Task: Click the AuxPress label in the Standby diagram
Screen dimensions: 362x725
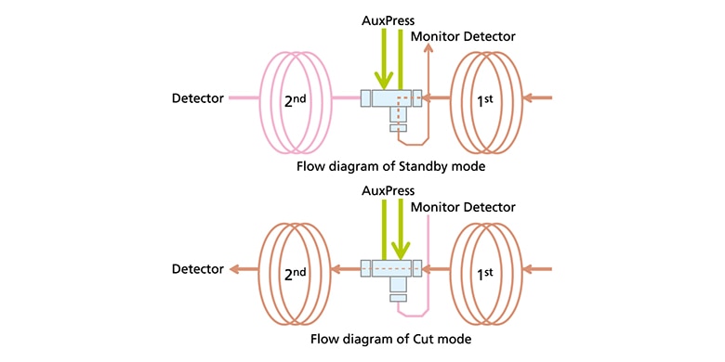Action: click(x=389, y=19)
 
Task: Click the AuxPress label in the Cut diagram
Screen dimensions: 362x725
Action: click(x=389, y=191)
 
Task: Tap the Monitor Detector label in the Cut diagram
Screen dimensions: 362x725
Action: click(x=462, y=207)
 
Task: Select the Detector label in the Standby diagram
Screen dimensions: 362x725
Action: click(x=198, y=97)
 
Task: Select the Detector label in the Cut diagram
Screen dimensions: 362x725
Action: click(x=198, y=269)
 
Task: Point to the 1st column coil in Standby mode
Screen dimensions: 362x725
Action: click(x=484, y=97)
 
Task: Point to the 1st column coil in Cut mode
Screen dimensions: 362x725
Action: click(x=484, y=269)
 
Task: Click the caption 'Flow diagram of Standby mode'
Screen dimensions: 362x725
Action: click(x=389, y=167)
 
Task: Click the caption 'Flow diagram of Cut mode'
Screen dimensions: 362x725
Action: click(x=390, y=339)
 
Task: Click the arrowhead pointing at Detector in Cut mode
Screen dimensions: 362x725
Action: click(x=236, y=269)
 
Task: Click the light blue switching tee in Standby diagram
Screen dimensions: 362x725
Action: click(x=390, y=102)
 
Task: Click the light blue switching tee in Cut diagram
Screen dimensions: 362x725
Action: click(x=390, y=275)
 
